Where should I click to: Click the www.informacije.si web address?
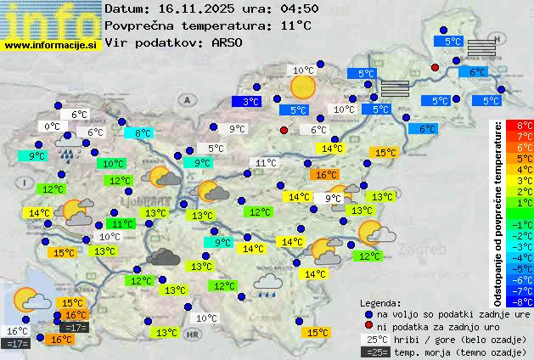(51, 45)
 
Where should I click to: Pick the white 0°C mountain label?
(53, 126)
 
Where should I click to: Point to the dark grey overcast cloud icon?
(162, 257)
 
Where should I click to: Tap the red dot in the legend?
(368, 326)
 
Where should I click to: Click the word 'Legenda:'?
(380, 302)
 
